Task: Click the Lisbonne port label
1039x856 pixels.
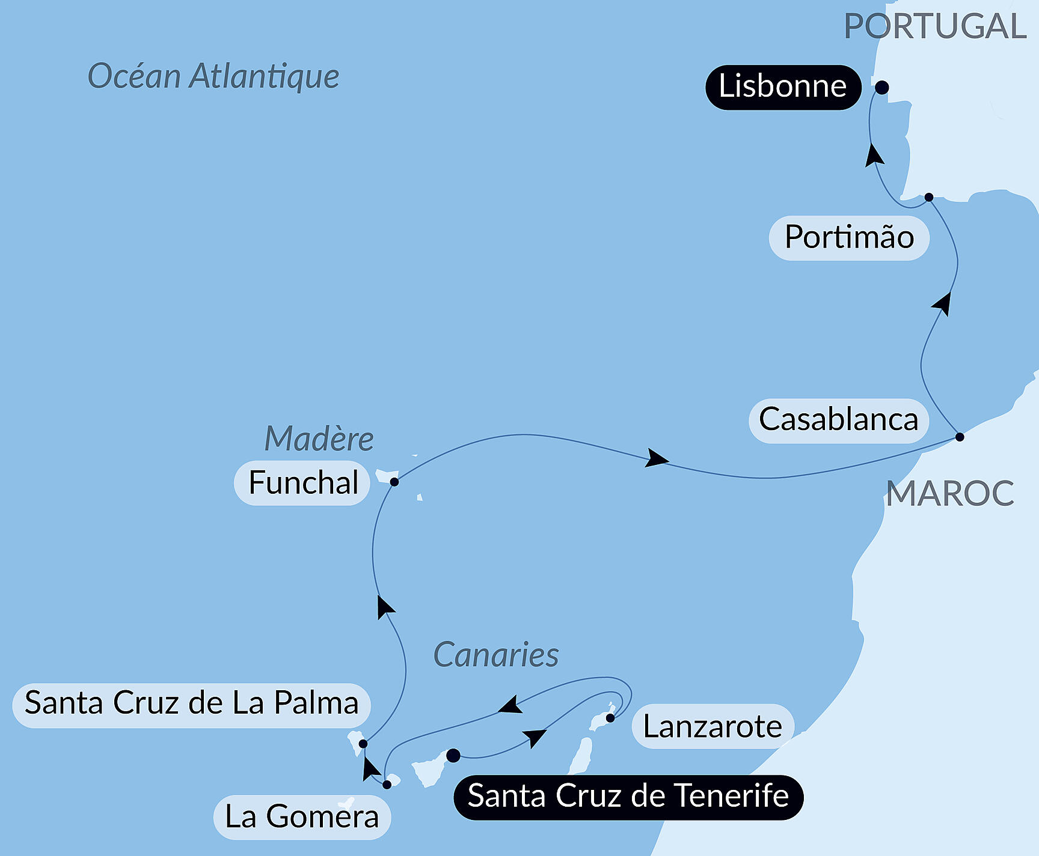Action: point(783,87)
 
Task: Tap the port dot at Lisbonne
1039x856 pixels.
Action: point(881,88)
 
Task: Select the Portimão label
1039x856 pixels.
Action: point(849,238)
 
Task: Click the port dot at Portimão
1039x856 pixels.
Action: point(929,197)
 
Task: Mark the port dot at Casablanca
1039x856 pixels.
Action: point(960,437)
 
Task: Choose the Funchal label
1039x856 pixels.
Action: point(302,483)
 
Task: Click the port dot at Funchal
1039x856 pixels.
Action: point(394,482)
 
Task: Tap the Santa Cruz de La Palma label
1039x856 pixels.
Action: point(191,704)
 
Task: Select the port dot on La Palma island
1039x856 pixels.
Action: point(363,744)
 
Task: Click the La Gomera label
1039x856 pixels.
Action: point(302,817)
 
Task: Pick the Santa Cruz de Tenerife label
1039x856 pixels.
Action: point(628,797)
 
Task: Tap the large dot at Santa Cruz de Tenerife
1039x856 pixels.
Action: point(453,755)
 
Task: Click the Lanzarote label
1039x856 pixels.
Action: point(713,727)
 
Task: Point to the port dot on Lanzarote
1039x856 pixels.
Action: point(610,718)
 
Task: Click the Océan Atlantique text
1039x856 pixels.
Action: point(213,77)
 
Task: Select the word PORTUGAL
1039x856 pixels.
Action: point(935,27)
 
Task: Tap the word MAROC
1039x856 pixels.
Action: point(950,494)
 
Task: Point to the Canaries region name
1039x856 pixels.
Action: point(496,655)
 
